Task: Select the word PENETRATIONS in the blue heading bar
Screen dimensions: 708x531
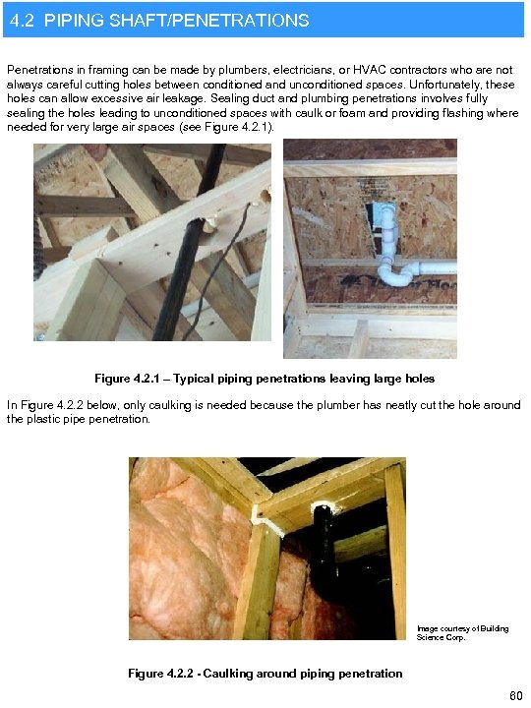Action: coord(249,20)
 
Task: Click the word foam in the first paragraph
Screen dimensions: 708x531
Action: coord(350,113)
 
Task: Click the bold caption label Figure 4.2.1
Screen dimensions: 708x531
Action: coord(130,379)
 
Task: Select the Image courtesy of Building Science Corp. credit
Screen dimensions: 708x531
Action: coord(462,632)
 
